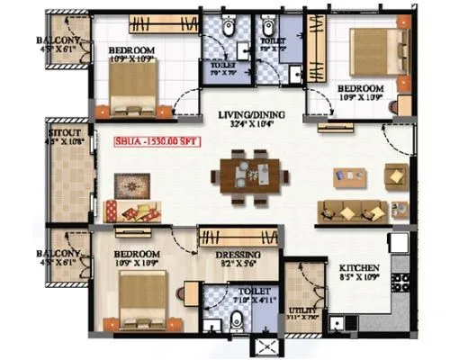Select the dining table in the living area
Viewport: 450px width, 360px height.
[246, 173]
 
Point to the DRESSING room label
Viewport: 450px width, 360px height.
[238, 255]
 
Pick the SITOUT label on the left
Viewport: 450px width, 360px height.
[64, 131]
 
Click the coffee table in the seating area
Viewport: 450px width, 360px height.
[349, 176]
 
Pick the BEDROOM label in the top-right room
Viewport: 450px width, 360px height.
[361, 88]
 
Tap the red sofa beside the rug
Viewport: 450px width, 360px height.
[135, 213]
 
